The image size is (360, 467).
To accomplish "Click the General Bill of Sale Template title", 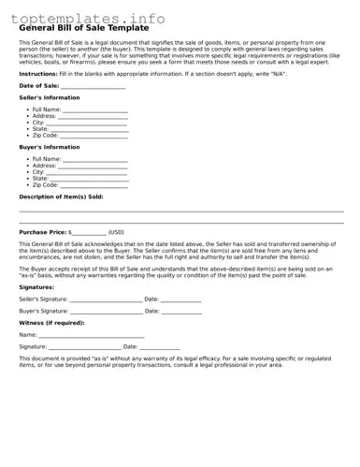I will click(x=83, y=28).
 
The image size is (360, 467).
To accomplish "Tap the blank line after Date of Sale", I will click(x=94, y=86).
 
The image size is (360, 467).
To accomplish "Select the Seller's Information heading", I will click(x=50, y=97).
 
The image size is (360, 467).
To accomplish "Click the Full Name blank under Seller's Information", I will click(x=95, y=109).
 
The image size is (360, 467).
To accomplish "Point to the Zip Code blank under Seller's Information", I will click(x=94, y=136).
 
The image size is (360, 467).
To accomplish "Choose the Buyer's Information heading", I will click(x=50, y=147).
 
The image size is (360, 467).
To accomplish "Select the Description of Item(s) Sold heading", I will click(x=61, y=197).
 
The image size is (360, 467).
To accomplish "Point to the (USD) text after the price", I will click(x=116, y=231).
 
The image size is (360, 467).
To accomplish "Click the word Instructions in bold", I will click(x=38, y=73).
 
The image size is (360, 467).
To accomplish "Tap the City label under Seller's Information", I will click(x=38, y=123).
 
